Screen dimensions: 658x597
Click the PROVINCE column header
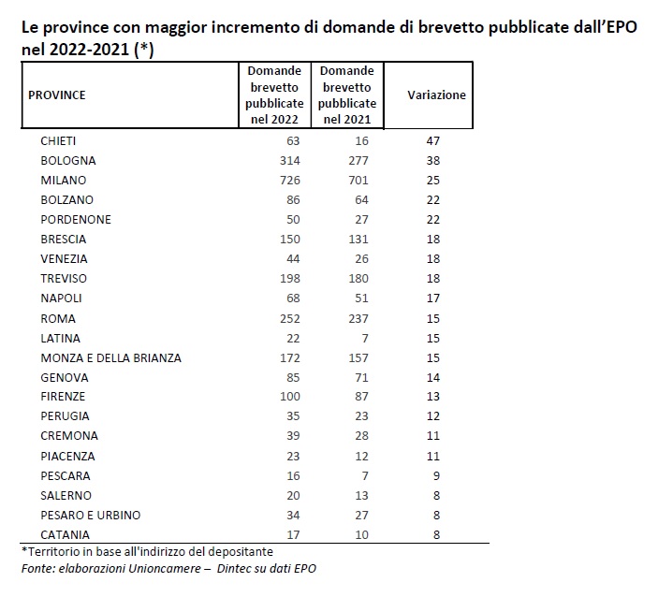57,95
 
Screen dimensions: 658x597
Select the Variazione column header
436,95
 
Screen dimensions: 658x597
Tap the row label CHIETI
58,141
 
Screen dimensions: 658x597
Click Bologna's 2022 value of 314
290,161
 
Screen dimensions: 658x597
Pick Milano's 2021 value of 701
358,181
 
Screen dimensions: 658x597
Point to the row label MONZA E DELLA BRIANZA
110,358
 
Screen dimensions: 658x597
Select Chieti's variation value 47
433,141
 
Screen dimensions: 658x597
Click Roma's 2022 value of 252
290,319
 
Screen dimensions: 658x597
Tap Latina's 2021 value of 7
365,339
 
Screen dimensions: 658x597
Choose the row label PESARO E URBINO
91,516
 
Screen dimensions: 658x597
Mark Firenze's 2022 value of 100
290,397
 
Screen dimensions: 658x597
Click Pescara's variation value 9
436,476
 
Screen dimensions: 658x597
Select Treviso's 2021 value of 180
358,279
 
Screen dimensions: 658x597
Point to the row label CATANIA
65,535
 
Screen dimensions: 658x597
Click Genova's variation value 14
433,378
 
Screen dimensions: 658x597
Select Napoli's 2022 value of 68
293,298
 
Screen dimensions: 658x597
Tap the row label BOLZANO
67,200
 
